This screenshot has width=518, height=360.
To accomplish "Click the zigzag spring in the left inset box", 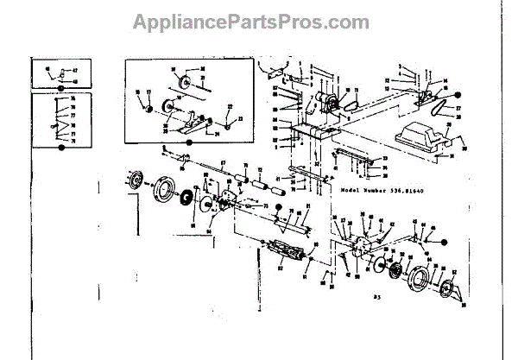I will [x=60, y=121].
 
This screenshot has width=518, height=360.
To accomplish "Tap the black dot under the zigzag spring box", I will [x=61, y=148].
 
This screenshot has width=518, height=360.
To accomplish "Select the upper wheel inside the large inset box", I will [x=181, y=85].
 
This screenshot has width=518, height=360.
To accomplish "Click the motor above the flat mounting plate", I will [x=327, y=101].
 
